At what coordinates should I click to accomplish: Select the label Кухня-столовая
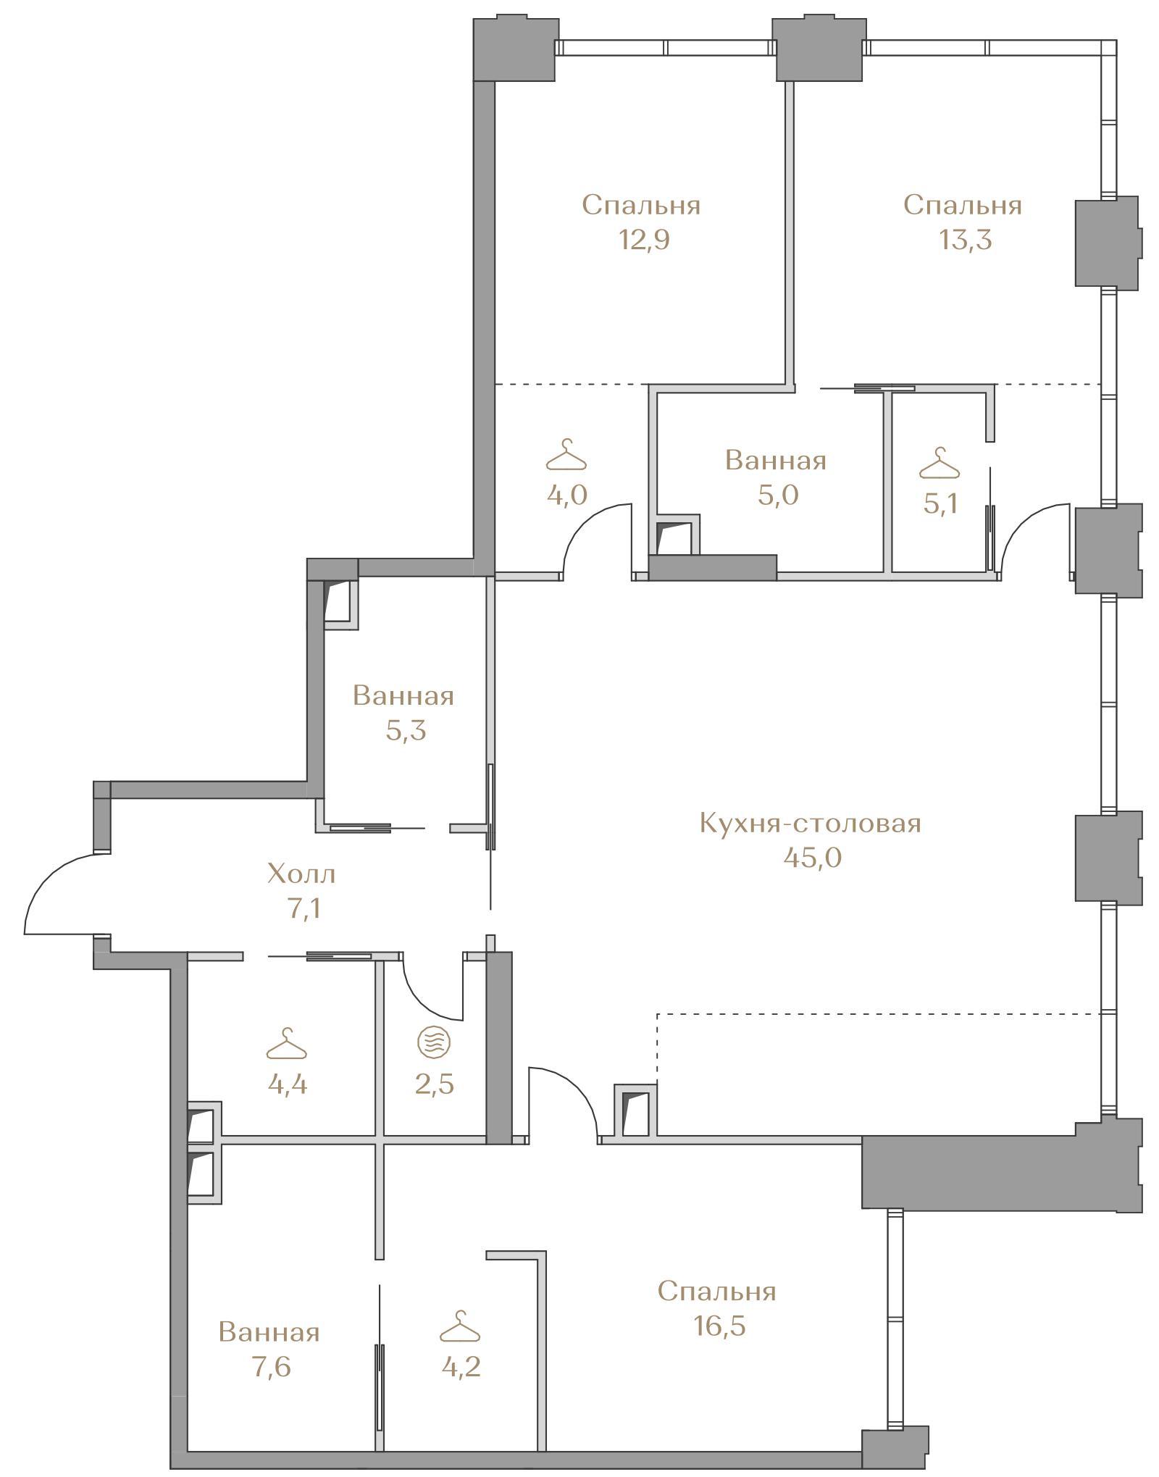coord(810,824)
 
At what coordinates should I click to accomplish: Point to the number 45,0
coord(811,858)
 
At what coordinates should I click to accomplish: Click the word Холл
coord(301,874)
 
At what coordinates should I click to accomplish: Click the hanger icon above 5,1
coord(940,464)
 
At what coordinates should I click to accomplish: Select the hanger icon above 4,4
coord(287,1044)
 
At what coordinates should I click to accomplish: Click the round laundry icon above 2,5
coord(433,1043)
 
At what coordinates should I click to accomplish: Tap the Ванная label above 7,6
coord(269,1332)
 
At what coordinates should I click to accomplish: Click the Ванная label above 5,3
coord(403,696)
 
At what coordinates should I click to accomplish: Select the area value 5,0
coord(775,495)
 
